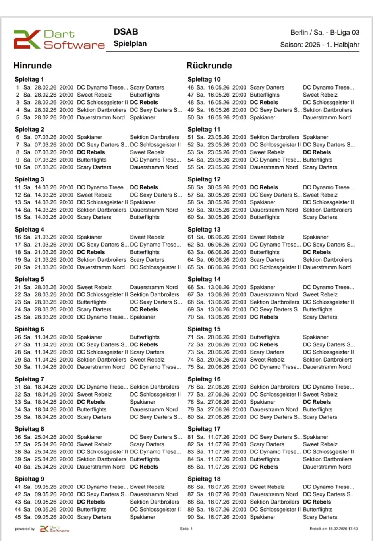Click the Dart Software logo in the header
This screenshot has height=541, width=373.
tap(59, 39)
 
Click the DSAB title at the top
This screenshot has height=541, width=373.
tap(126, 32)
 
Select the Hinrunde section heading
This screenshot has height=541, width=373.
tap(33, 66)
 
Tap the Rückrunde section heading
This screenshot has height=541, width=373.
tap(209, 66)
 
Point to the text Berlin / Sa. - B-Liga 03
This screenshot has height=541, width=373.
tap(325, 33)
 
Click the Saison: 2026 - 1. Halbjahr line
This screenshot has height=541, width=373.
tap(319, 45)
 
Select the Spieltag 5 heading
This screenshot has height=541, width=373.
tap(29, 279)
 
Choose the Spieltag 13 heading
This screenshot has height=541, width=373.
tap(204, 230)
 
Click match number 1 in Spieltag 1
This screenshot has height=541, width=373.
tap(17, 88)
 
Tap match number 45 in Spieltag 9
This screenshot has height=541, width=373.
tap(17, 517)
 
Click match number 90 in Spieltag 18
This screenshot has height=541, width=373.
tap(191, 517)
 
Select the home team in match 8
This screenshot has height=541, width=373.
tap(91, 152)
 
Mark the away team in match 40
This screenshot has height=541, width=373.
tap(144, 467)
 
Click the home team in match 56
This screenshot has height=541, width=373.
tap(264, 187)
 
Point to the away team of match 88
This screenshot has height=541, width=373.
tap(317, 502)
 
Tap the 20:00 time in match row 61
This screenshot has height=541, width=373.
tap(239, 237)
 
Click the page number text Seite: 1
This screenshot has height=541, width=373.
tap(186, 529)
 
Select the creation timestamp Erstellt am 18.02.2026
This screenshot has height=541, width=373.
tap(333, 529)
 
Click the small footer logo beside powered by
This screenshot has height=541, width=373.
tap(54, 529)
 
